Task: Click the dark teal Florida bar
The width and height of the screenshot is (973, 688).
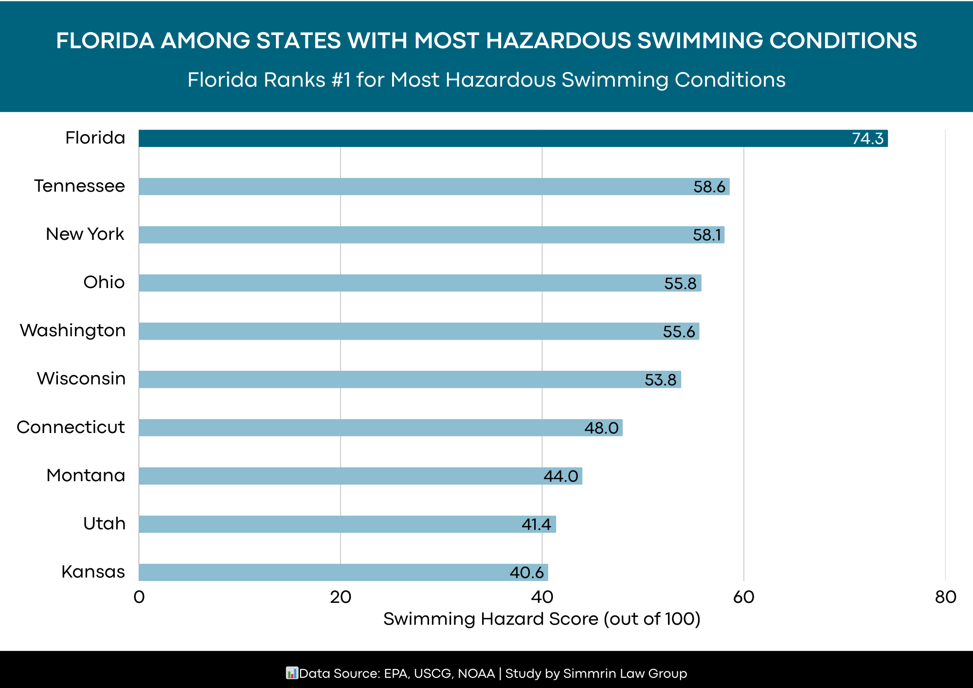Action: [486, 138]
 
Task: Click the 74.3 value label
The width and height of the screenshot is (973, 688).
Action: [867, 139]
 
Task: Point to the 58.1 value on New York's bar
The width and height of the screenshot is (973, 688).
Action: [707, 235]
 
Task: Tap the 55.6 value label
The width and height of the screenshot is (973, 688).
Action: [679, 332]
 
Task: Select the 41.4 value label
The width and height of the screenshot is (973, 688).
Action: [536, 525]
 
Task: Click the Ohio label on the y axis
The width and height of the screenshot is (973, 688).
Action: [104, 282]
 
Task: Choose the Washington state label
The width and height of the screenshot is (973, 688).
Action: [73, 330]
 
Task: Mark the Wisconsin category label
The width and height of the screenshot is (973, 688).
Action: [81, 379]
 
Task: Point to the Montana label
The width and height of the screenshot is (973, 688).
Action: [86, 475]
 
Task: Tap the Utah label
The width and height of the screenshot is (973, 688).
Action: [104, 524]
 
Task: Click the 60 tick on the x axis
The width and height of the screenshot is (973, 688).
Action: [743, 597]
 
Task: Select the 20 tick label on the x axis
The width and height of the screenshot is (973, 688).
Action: [341, 597]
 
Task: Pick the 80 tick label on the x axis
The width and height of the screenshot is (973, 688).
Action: [945, 597]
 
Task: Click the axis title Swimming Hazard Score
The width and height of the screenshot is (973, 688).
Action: [541, 619]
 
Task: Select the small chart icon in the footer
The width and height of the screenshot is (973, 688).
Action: [291, 673]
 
